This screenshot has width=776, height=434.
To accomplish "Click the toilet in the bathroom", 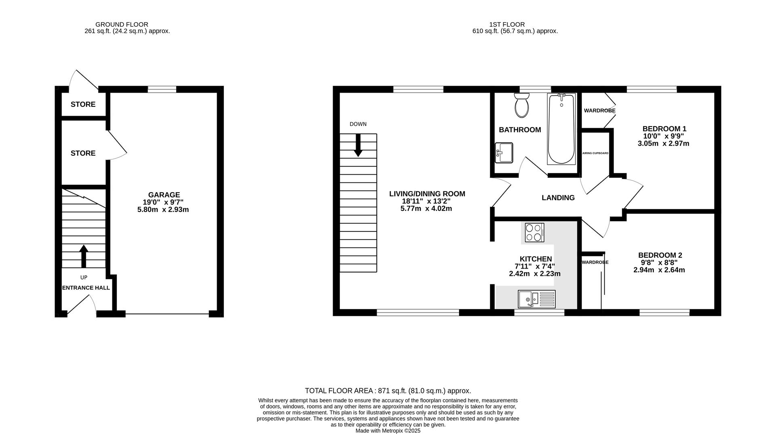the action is click(522, 105).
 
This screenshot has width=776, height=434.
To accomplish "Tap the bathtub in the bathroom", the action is click(561, 129).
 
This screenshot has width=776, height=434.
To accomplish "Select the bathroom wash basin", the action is click(504, 152).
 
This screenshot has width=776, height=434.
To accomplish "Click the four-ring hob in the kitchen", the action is click(534, 233).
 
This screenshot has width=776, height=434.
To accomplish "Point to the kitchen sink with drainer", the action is click(536, 299).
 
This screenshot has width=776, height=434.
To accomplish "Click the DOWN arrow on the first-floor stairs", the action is click(358, 145).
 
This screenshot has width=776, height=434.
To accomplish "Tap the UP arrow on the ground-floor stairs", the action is click(84, 256).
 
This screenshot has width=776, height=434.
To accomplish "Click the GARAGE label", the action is click(164, 195).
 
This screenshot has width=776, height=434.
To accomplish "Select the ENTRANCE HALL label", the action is click(86, 288).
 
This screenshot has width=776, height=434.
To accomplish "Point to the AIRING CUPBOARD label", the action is click(595, 153).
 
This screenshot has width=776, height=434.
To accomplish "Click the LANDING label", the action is click(558, 198).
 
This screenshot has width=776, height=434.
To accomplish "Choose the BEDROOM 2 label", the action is click(660, 255).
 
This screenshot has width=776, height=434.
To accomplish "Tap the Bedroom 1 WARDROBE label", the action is click(600, 110).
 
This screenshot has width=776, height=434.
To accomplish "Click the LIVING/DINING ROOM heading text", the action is click(427, 194).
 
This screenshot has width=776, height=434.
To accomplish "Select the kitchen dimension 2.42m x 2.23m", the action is click(535, 273).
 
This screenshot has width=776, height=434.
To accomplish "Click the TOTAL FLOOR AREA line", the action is click(388, 391).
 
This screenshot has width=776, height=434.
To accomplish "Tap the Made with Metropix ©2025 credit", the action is click(388, 431).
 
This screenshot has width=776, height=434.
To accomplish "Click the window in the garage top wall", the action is click(162, 89).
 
